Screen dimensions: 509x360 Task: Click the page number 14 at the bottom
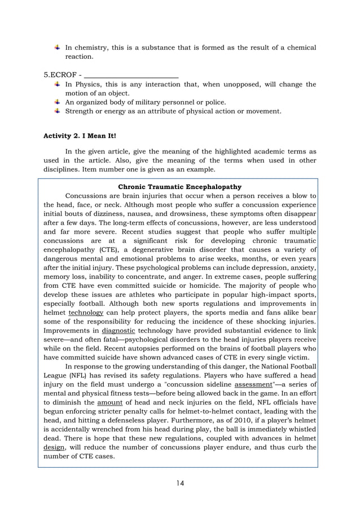[x=180, y=482]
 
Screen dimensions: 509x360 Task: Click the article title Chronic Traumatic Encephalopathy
[x=180, y=186]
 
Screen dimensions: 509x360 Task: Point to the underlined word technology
[x=86, y=312]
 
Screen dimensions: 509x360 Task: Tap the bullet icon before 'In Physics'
[x=58, y=84]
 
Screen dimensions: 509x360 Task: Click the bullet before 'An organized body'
[x=58, y=102]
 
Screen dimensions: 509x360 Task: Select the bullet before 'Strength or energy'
[x=58, y=111]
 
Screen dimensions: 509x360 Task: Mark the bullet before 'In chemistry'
[x=58, y=47]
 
